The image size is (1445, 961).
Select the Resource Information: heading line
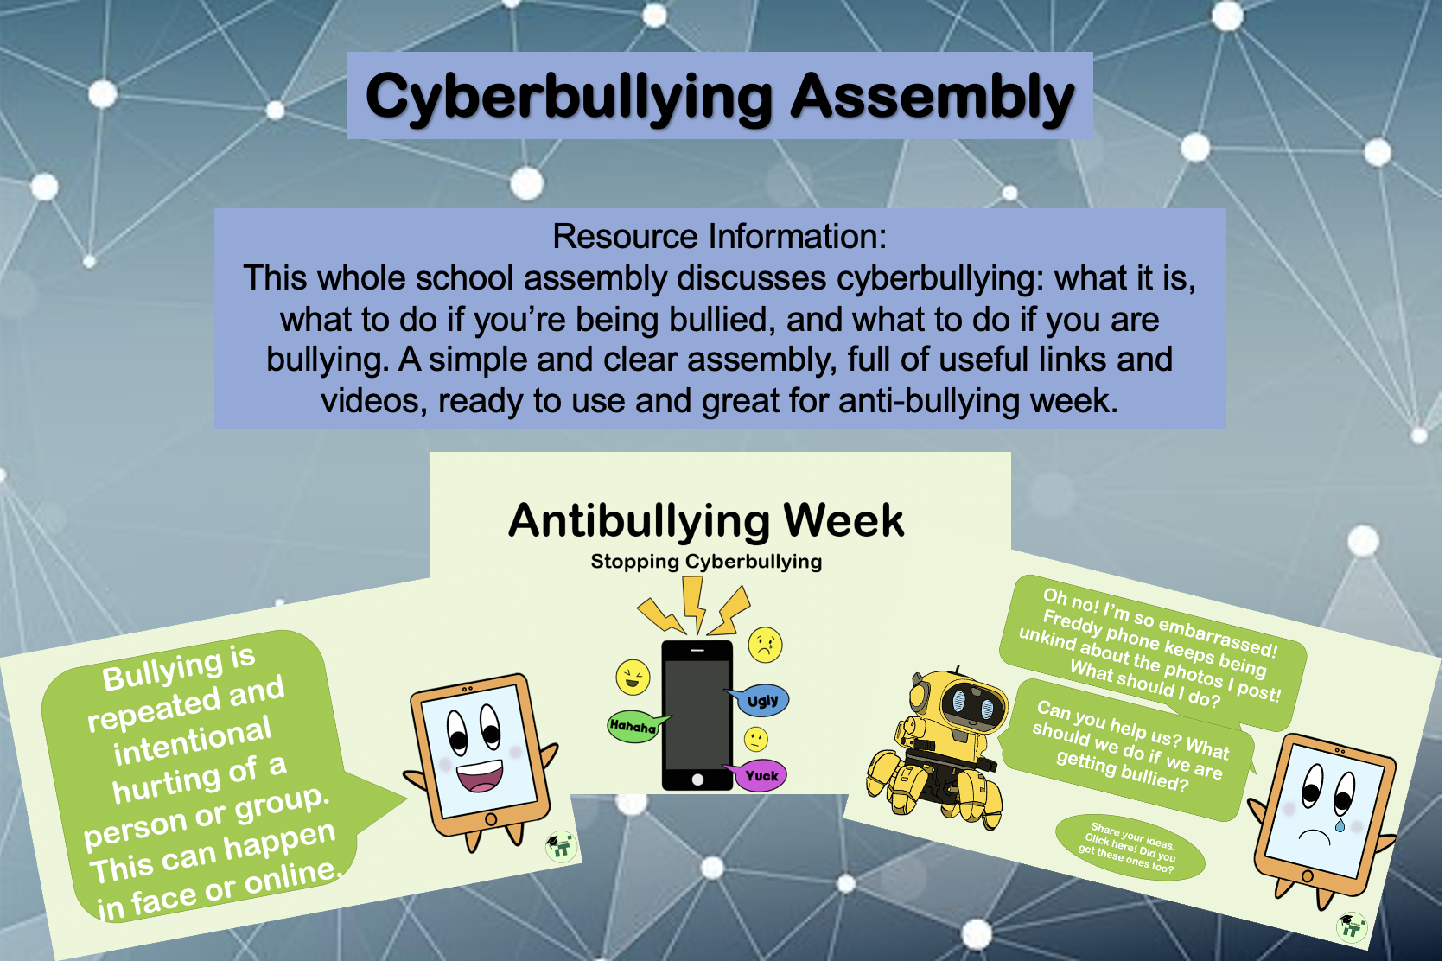(719, 236)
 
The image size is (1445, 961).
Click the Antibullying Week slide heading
(706, 520)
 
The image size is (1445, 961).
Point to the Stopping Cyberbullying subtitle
(706, 562)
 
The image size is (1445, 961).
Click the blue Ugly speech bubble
(760, 700)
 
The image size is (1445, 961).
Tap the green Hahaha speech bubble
(634, 726)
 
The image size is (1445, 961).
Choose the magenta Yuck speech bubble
(759, 775)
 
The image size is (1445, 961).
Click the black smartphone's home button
(697, 780)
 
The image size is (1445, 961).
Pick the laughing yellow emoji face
(633, 678)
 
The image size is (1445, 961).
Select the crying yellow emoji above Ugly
(765, 644)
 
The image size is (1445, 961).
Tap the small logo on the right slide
(1352, 926)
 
